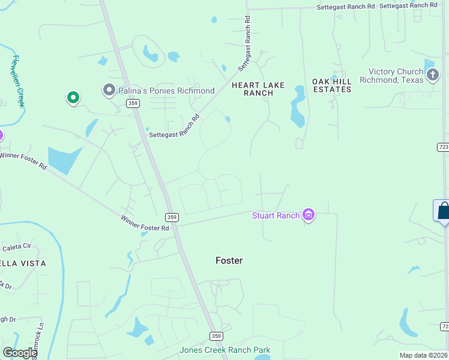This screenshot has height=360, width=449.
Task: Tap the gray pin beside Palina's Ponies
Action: tap(109, 90)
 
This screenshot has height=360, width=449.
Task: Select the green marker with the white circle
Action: tap(73, 97)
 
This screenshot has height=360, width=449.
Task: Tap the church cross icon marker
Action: tap(432, 75)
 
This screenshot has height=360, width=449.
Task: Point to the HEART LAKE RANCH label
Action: tap(259, 89)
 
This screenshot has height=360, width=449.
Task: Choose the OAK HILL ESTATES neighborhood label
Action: tap(331, 85)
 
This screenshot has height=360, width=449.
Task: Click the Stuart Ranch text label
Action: tap(276, 215)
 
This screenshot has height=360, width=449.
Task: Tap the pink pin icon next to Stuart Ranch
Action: tap(309, 215)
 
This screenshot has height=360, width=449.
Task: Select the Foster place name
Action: tap(229, 260)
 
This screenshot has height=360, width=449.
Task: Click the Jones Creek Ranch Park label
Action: tap(225, 350)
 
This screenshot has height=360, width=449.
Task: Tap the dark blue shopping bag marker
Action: tap(443, 211)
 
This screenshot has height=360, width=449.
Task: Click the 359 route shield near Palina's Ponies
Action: tap(133, 104)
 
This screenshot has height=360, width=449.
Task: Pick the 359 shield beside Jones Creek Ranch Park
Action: tap(216, 335)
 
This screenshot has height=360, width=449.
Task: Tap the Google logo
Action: tap(20, 353)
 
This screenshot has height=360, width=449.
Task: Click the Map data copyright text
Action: tap(424, 355)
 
